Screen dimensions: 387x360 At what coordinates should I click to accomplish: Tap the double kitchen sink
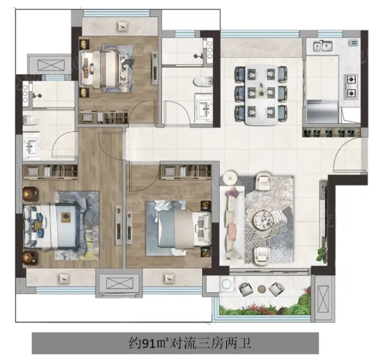click(322, 46)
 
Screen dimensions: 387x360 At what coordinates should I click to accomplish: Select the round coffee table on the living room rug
click(263, 220)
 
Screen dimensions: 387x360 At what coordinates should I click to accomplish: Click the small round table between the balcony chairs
click(262, 288)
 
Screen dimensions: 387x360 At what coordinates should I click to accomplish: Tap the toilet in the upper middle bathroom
click(203, 81)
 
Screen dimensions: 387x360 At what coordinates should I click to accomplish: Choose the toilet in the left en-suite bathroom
click(31, 119)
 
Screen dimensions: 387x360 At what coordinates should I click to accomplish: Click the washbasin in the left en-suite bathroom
click(31, 145)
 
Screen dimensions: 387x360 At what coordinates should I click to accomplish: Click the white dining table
click(261, 95)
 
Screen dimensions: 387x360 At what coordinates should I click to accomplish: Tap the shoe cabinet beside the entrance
click(332, 132)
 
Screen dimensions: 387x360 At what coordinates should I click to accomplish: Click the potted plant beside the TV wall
click(322, 254)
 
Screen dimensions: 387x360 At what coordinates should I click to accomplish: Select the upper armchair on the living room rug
click(263, 182)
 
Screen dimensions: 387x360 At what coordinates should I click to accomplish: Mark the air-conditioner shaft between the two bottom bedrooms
click(119, 283)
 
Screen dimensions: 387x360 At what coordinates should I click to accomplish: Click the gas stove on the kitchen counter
click(351, 86)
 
